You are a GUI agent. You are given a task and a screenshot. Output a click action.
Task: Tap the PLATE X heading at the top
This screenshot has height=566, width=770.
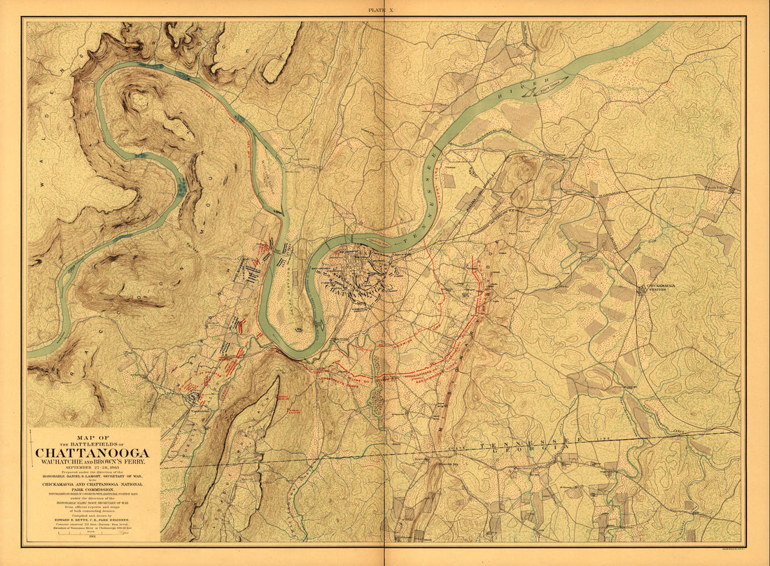(x=385, y=9)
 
